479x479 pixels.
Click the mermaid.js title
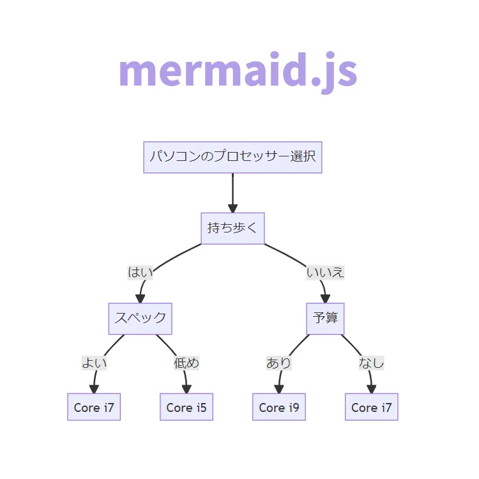[x=238, y=71]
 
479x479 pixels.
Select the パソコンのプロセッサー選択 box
[x=232, y=157]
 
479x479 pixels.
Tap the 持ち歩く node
[x=232, y=228]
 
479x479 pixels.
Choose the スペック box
[x=141, y=319]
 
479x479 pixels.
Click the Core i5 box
[x=186, y=407]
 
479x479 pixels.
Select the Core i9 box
[x=279, y=407]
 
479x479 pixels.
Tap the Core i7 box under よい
[x=94, y=407]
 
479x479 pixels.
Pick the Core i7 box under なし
[x=372, y=407]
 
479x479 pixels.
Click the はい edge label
[x=141, y=273]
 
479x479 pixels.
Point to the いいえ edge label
[x=325, y=273]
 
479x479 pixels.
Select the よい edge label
[x=94, y=363]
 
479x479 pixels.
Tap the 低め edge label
[x=186, y=363]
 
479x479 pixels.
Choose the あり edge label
[x=279, y=363]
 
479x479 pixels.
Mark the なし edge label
[x=372, y=363]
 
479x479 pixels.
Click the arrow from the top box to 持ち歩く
[x=232, y=192]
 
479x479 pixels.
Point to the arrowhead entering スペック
[x=141, y=298]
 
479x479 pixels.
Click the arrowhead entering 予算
[x=325, y=298]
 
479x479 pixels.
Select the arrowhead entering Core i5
[x=186, y=389]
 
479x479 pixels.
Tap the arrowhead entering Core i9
[x=278, y=389]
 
